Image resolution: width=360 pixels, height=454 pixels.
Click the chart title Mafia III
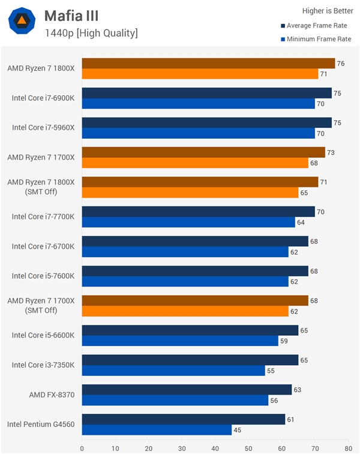[71, 16]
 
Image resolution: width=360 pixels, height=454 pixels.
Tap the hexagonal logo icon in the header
[22, 22]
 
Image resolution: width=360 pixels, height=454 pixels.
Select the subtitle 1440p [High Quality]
[91, 33]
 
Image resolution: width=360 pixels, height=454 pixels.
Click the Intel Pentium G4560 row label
[41, 424]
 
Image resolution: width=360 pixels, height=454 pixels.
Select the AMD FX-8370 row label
[52, 395]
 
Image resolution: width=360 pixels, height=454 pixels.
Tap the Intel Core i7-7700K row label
[43, 217]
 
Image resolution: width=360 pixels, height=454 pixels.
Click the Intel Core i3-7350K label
[43, 365]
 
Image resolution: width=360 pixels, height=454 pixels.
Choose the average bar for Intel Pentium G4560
[183, 419]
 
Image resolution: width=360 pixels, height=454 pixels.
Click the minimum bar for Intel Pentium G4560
[157, 430]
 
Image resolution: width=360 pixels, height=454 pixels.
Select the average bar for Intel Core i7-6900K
[206, 93]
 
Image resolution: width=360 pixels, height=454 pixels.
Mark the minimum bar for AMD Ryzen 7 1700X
[194, 163]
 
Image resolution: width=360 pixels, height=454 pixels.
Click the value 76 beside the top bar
[340, 64]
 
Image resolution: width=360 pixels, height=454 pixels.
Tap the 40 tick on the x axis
[215, 447]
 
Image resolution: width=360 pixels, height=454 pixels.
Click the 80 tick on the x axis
[347, 447]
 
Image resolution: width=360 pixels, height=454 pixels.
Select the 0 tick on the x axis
[82, 447]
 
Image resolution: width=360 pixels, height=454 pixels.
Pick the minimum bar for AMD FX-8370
[175, 401]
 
